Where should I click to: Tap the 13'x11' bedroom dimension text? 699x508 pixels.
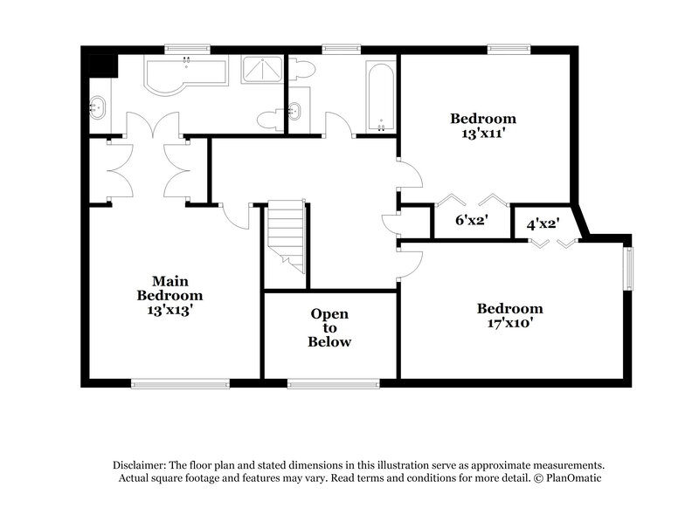point(482,134)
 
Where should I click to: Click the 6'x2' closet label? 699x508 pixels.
point(471,221)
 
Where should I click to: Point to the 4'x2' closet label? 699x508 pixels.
point(543,223)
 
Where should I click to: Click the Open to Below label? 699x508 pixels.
point(329,327)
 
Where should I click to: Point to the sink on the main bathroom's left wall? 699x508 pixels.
point(97,108)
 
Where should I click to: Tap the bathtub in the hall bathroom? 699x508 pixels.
point(381,94)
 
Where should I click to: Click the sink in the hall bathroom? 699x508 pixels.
point(296,111)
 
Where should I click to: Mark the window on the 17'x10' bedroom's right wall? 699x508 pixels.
point(626,269)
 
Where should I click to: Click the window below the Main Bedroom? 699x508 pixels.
point(180,382)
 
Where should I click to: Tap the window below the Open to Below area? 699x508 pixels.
point(333,382)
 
